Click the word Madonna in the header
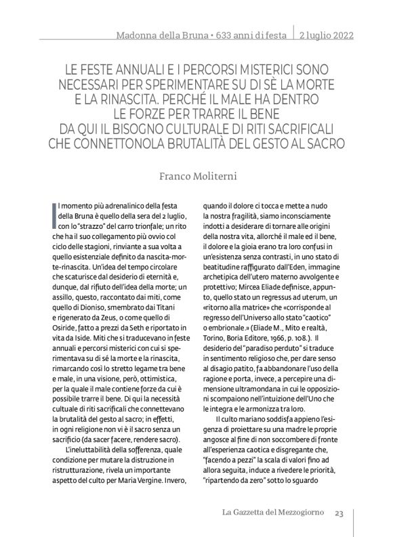[137, 34]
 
